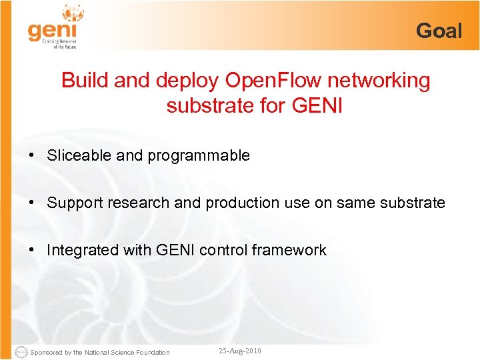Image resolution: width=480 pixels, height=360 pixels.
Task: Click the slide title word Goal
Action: click(x=439, y=31)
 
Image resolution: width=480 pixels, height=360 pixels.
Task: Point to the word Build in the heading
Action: click(x=85, y=81)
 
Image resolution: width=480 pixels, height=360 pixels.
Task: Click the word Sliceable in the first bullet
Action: click(x=71, y=156)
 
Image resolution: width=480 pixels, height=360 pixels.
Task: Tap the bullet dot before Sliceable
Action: click(x=31, y=156)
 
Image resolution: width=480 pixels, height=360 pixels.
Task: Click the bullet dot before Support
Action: click(x=31, y=203)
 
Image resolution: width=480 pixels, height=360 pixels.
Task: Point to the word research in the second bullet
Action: click(x=139, y=203)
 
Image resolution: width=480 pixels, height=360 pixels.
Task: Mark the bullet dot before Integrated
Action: click(x=31, y=250)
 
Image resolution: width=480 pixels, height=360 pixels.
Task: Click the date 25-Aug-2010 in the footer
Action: click(x=240, y=351)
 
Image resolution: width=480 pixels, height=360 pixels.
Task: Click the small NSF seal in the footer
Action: click(x=21, y=351)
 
